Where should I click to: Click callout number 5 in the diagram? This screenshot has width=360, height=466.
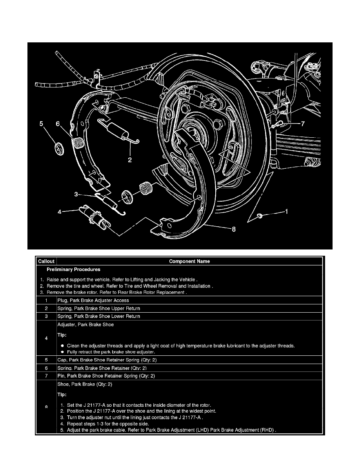tap(41, 124)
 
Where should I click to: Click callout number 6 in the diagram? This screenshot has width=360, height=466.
tap(58, 124)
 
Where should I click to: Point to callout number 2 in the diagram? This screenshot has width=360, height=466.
tap(130, 160)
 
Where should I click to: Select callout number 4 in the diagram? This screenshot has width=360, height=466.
tap(60, 212)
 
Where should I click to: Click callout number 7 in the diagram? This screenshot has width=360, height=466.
tap(302, 124)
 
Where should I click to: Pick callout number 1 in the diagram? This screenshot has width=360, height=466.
tap(286, 212)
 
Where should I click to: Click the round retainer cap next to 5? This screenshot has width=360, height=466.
tap(58, 149)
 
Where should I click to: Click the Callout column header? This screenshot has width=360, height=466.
tap(46, 261)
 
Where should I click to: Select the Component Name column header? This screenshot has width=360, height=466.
tap(189, 261)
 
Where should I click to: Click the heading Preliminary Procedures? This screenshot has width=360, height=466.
tap(73, 269)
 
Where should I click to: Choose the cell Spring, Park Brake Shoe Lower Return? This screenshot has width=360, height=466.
tap(99, 316)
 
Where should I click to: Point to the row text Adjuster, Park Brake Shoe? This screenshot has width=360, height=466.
tap(86, 325)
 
